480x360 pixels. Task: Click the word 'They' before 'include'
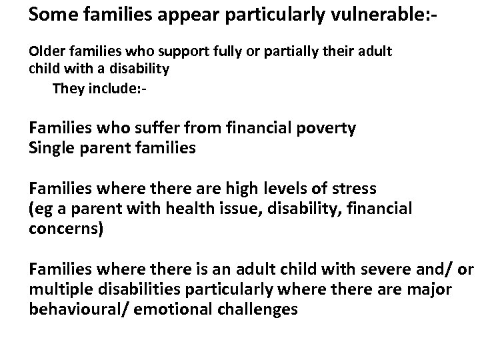[x=67, y=89]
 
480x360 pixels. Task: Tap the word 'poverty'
[x=324, y=128]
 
